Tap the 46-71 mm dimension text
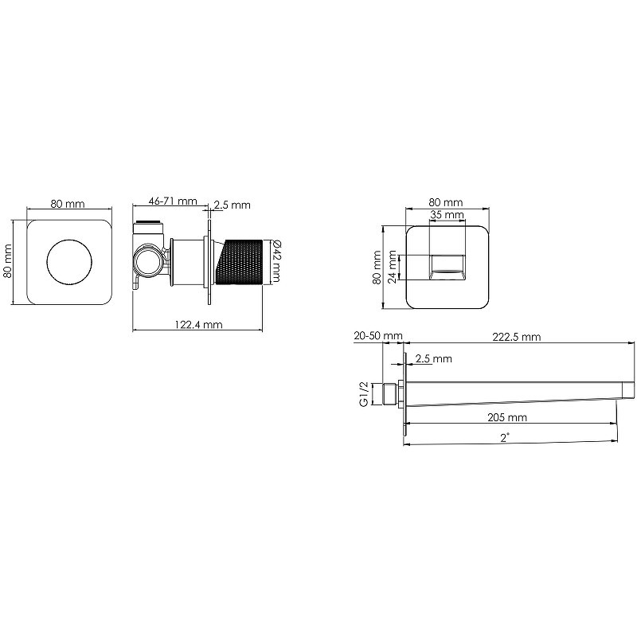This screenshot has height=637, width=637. point(173,201)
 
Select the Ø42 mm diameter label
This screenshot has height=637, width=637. point(276,260)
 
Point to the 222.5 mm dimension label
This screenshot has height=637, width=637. point(517,337)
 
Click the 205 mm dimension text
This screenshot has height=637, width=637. point(507,417)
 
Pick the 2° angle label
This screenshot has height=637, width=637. point(505,437)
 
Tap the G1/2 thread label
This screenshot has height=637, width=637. point(364,393)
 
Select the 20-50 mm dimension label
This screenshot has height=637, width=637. point(378,336)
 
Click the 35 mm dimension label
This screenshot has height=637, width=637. point(447,214)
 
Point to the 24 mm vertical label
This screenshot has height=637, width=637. point(392,267)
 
